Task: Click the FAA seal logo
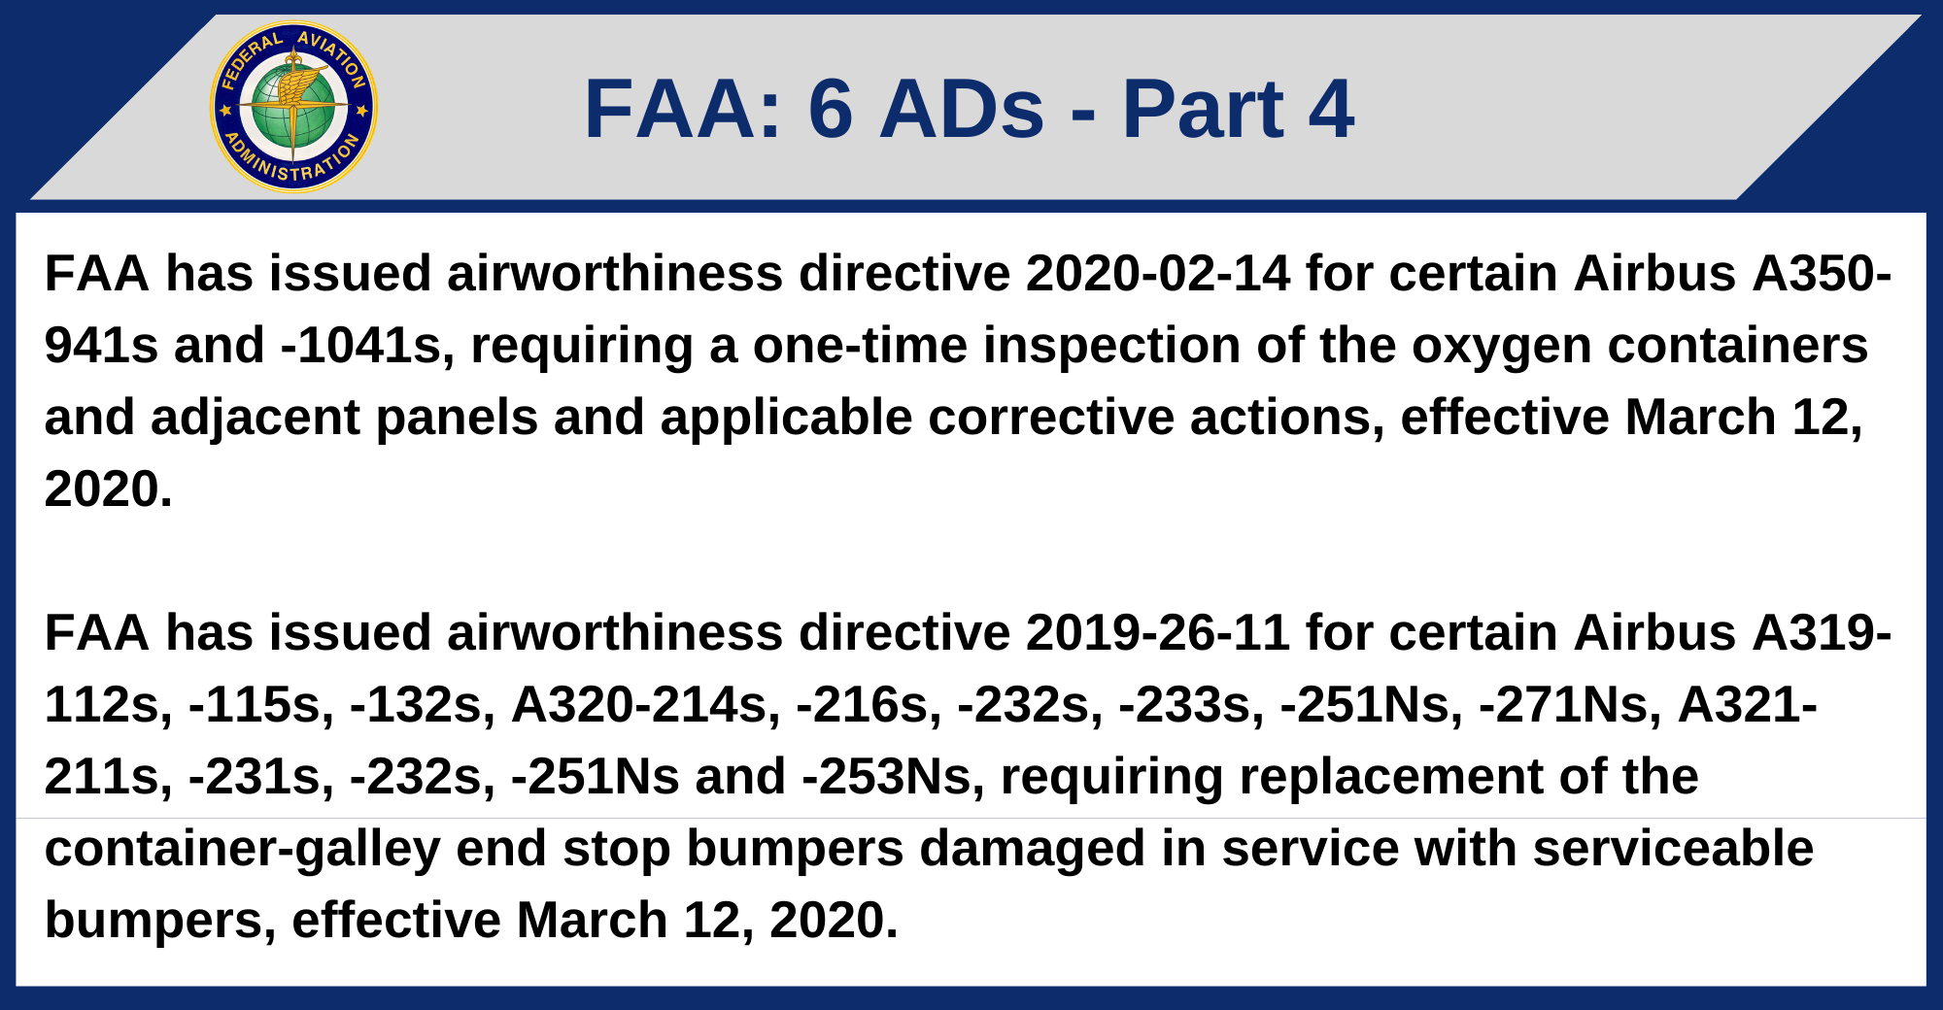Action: [293, 107]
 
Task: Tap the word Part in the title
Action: [1203, 109]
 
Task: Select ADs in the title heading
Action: [962, 109]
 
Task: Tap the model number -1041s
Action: [367, 347]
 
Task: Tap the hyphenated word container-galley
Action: [243, 849]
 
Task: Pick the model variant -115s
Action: [261, 705]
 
